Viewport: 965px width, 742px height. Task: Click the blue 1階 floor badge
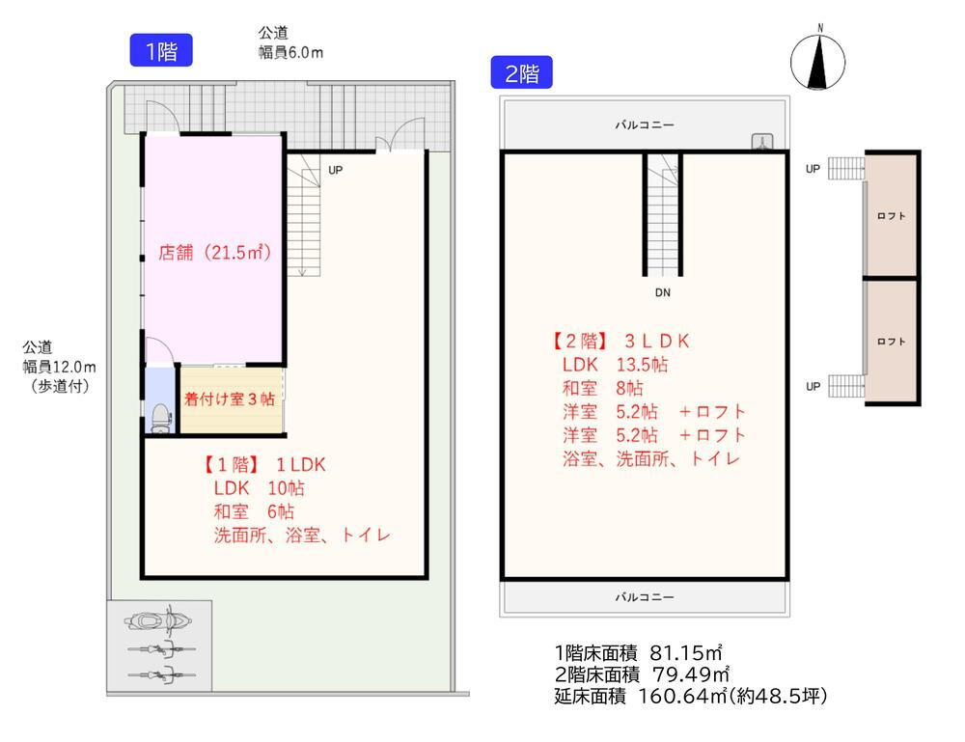click(161, 50)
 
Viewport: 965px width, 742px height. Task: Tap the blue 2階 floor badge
click(521, 72)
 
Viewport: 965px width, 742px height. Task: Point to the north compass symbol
click(818, 60)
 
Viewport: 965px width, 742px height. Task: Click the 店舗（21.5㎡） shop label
click(215, 252)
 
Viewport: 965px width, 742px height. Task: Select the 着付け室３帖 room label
click(229, 398)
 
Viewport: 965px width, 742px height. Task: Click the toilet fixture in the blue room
click(160, 418)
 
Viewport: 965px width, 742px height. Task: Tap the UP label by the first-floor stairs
click(336, 170)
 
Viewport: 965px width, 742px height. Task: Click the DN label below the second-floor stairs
click(663, 293)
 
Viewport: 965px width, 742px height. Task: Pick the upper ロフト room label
click(891, 216)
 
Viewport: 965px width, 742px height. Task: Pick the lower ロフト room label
click(891, 342)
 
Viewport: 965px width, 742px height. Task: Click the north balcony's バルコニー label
click(645, 124)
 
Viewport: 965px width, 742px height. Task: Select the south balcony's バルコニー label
click(645, 597)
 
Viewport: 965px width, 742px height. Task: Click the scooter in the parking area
click(157, 620)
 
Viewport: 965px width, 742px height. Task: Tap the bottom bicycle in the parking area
click(162, 674)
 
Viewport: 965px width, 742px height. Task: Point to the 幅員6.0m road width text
click(290, 52)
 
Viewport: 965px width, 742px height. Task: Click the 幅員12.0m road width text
click(59, 368)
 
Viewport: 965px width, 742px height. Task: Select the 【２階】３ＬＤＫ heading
click(620, 342)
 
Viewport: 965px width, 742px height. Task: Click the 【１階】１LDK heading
click(263, 465)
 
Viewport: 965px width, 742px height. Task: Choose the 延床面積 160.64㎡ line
click(691, 696)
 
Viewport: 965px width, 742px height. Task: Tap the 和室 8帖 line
click(602, 388)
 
